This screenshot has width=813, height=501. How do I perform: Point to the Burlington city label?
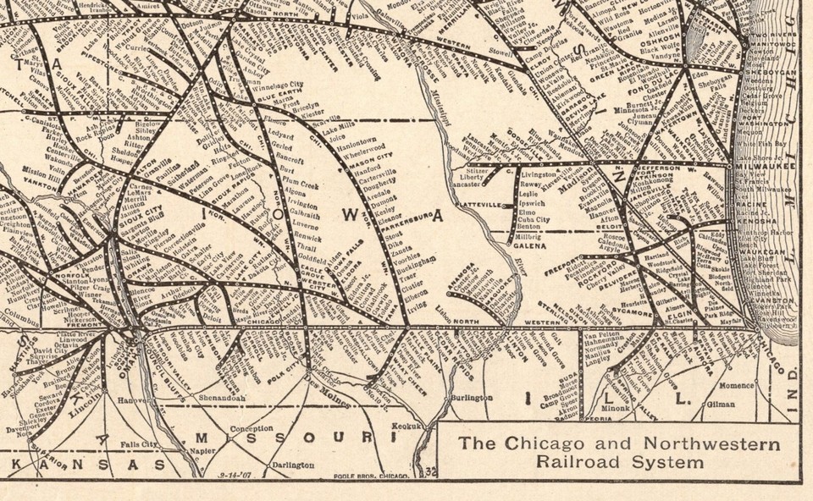(x=473, y=397)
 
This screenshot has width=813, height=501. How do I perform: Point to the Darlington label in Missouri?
(x=293, y=465)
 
